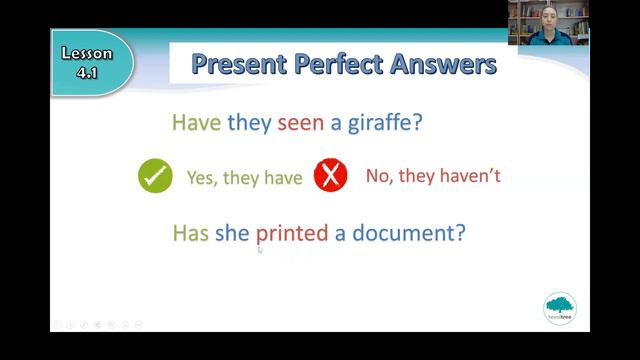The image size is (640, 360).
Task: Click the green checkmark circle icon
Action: (155, 176)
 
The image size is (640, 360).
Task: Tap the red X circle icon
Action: (330, 176)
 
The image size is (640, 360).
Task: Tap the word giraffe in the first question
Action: (378, 123)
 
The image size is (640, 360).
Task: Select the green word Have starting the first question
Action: (196, 123)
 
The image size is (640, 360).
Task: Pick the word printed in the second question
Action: (291, 234)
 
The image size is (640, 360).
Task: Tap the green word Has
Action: (190, 234)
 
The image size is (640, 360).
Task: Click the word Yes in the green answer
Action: (200, 178)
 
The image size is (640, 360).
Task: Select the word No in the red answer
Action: (377, 177)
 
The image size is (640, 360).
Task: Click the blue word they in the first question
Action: (247, 123)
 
